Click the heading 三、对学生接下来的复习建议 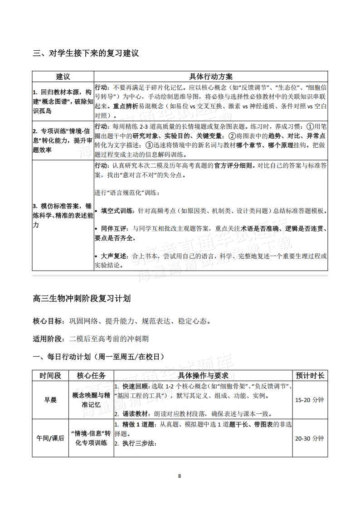coord(85,53)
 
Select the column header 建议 coord(63,77)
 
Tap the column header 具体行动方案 coord(211,77)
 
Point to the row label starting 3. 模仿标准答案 coord(63,215)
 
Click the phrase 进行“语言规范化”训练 coord(127,193)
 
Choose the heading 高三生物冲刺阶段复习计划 coord(82,299)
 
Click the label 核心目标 coord(49,321)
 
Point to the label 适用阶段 coord(49,339)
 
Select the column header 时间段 coord(50,375)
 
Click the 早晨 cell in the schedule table coord(50,400)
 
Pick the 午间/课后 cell coord(50,438)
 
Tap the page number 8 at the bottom coord(180,476)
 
